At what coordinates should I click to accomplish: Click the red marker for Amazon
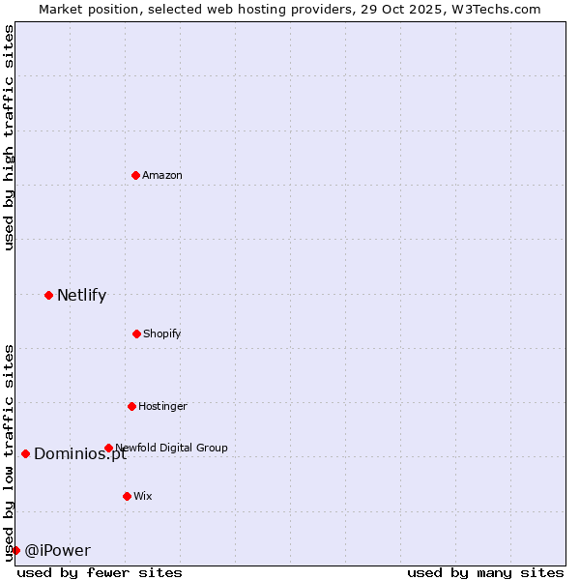tap(135, 175)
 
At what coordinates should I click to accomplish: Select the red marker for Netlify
tap(48, 295)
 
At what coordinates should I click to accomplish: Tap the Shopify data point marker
tap(136, 333)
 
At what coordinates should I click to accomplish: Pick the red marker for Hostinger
tap(131, 406)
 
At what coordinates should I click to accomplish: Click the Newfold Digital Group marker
tap(108, 448)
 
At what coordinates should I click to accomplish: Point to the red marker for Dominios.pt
tap(25, 453)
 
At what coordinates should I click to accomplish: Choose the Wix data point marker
tap(127, 496)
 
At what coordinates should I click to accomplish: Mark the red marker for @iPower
tap(15, 550)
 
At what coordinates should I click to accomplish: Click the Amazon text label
tap(162, 175)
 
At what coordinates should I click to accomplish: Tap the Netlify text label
tap(81, 296)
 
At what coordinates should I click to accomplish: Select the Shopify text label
tap(162, 333)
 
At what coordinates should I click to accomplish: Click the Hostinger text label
tap(162, 406)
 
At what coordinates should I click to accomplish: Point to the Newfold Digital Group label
tap(172, 448)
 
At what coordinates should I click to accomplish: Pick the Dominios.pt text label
tap(80, 454)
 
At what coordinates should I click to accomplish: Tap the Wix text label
tap(143, 496)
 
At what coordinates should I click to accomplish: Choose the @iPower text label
tap(57, 551)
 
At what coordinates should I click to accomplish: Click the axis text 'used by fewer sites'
tap(100, 572)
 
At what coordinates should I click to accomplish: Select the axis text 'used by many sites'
tap(485, 572)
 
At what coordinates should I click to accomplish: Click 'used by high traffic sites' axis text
tap(9, 137)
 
